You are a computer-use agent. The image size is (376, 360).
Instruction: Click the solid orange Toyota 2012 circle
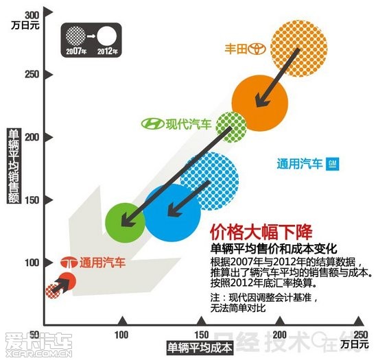click(x=259, y=103)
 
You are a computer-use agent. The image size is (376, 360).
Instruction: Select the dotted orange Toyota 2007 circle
click(x=298, y=49)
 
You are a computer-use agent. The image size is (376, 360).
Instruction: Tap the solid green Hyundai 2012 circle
click(x=125, y=223)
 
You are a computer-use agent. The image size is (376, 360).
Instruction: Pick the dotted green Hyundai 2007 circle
click(x=231, y=127)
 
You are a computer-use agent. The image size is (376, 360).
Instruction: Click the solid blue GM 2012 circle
click(x=172, y=213)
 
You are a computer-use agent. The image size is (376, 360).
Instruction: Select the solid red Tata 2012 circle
click(x=67, y=281)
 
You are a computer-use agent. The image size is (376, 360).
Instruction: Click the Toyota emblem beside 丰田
click(x=257, y=49)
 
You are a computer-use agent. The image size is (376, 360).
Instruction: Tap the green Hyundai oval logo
click(x=153, y=124)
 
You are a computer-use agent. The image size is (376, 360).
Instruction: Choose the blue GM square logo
click(x=332, y=164)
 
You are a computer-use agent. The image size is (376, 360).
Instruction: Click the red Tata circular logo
click(x=69, y=263)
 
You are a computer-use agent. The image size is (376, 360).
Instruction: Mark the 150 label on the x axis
click(x=202, y=335)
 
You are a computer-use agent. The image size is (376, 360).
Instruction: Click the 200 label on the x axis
click(x=280, y=335)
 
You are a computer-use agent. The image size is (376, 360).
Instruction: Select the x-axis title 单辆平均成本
click(x=200, y=348)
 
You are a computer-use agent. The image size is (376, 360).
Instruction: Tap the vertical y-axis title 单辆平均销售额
click(x=14, y=166)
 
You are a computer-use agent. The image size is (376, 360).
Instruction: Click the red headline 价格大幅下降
click(x=261, y=232)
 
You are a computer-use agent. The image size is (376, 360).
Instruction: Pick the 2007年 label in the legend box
click(x=75, y=51)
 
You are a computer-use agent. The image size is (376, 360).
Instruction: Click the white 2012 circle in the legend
click(x=107, y=36)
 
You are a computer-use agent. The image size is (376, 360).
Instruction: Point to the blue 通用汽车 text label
click(x=300, y=164)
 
